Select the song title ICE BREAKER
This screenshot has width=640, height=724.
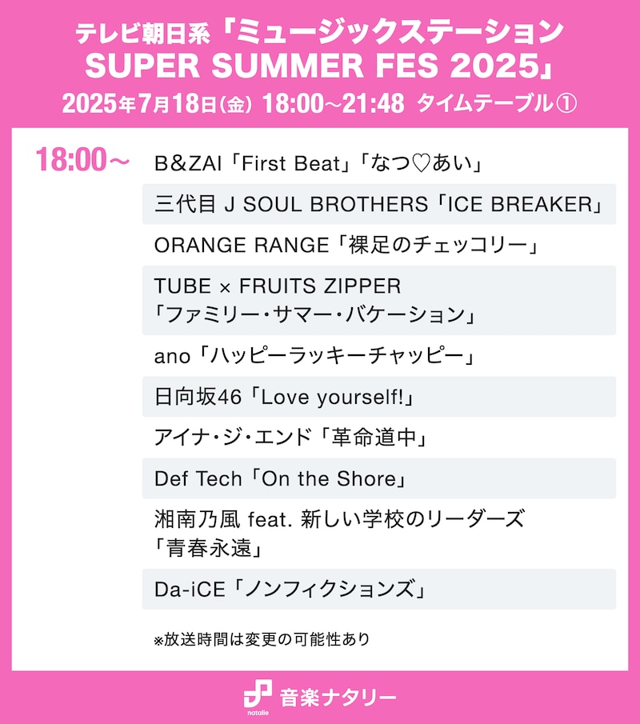525,205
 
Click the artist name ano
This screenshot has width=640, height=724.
172,356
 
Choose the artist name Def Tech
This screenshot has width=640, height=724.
198,478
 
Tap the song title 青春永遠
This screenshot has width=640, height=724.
210,549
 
